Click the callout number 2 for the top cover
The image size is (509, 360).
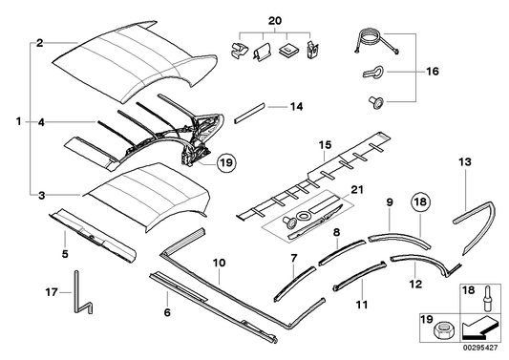(39, 43)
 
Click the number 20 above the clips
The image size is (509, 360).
(275, 21)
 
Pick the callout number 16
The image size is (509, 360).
(431, 72)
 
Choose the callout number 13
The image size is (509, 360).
(465, 163)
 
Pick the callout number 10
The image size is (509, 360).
(219, 261)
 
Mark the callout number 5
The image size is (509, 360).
(64, 254)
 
